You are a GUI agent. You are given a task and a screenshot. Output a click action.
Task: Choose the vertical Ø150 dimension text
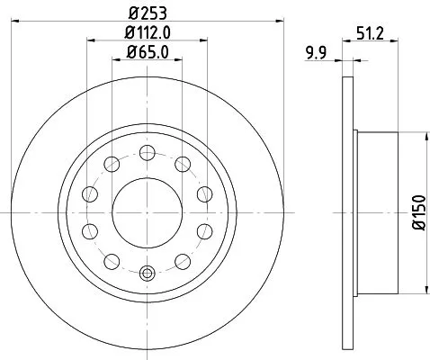click(416, 216)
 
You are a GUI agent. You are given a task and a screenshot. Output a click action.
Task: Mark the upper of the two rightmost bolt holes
click(202, 193)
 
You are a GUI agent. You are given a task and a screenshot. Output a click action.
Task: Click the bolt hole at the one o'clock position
click(181, 163)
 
